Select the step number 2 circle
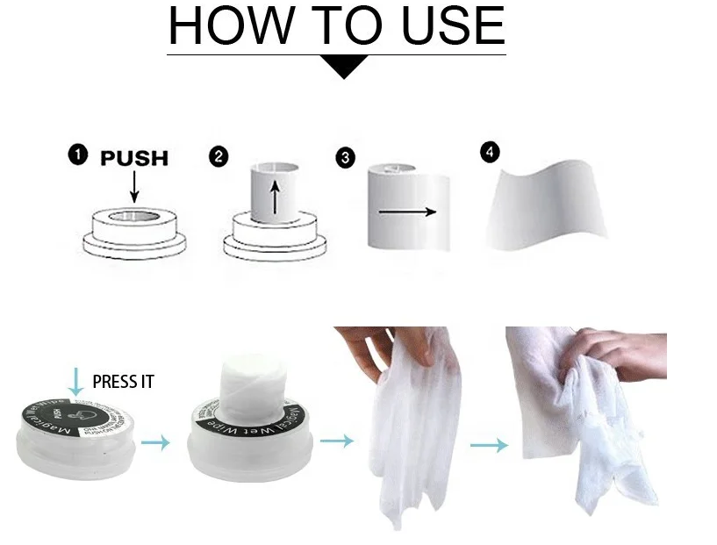tap(219, 157)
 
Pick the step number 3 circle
tap(345, 158)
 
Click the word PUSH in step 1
tap(133, 158)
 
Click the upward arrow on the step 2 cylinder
tap(275, 200)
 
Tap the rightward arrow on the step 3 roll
tap(406, 212)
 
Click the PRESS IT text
tap(123, 382)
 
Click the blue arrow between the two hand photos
tap(488, 445)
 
